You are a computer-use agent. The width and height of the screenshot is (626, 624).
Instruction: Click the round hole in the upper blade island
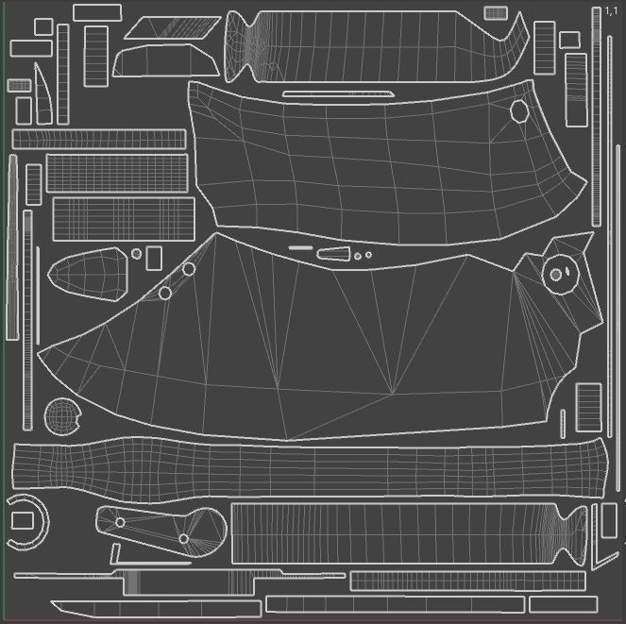click(x=519, y=111)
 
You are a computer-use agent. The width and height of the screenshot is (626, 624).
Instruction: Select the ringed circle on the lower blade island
click(x=556, y=274)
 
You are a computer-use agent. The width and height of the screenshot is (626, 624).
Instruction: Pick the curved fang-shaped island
click(x=42, y=92)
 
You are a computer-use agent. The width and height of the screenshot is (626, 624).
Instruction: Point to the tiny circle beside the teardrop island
click(x=136, y=253)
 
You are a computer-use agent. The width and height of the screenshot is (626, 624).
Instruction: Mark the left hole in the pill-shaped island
click(x=120, y=522)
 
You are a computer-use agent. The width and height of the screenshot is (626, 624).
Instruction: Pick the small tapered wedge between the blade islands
click(x=333, y=253)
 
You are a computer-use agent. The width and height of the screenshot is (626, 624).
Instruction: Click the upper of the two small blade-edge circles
click(x=189, y=269)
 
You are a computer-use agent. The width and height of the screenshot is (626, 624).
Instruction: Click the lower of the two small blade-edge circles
click(x=164, y=294)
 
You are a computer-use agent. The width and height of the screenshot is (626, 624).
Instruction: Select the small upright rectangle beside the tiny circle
click(x=154, y=258)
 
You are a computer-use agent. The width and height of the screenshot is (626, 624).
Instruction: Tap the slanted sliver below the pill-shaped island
click(x=115, y=554)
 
